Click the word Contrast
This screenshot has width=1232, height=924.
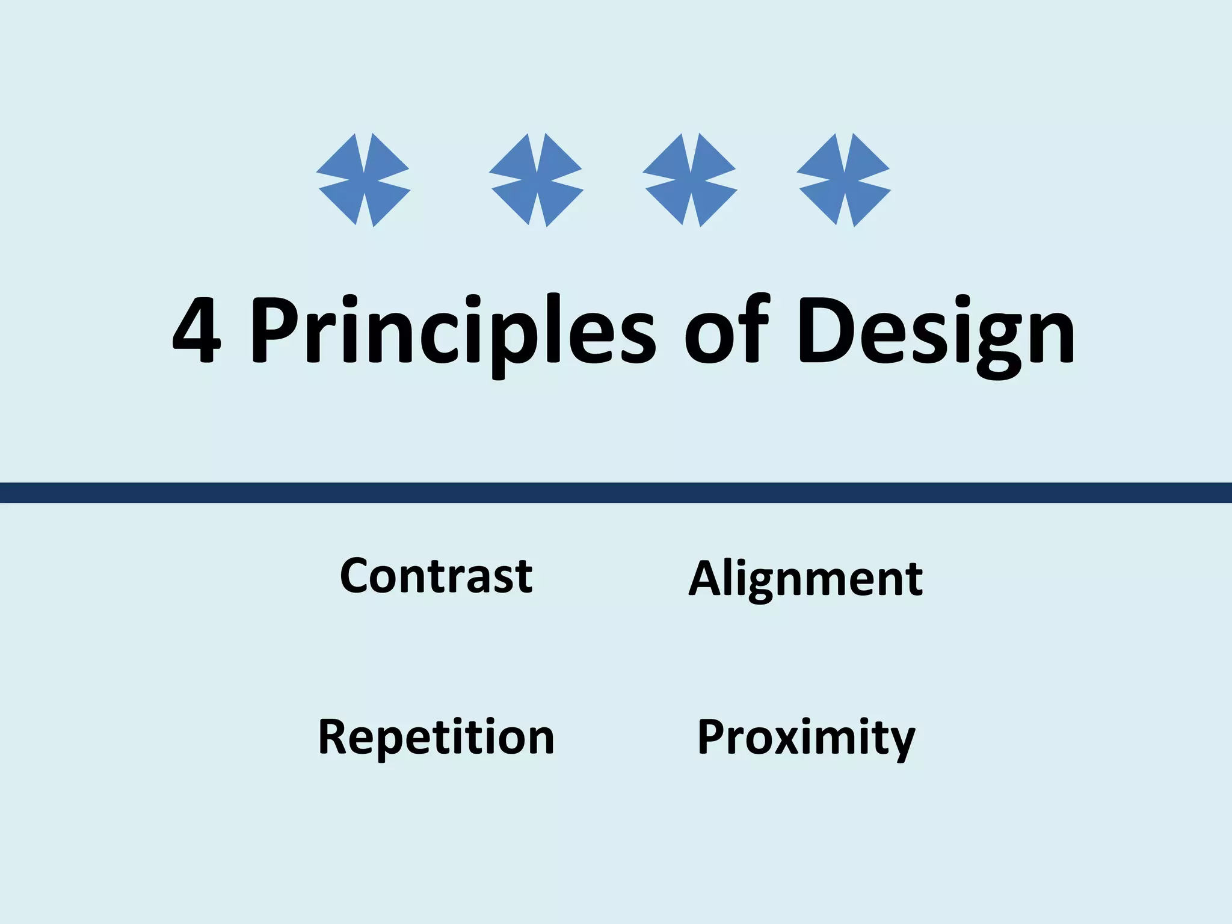pos(436,576)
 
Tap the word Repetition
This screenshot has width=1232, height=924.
pos(436,737)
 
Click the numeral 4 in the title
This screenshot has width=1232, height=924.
pos(197,331)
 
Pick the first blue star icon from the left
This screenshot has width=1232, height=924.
pos(363,180)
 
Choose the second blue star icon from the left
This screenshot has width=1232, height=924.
pos(536,180)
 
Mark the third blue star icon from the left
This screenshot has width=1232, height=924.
pos(690,180)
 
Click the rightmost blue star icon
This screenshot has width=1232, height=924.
pos(843,180)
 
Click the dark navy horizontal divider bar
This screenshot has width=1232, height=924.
pos(616,492)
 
